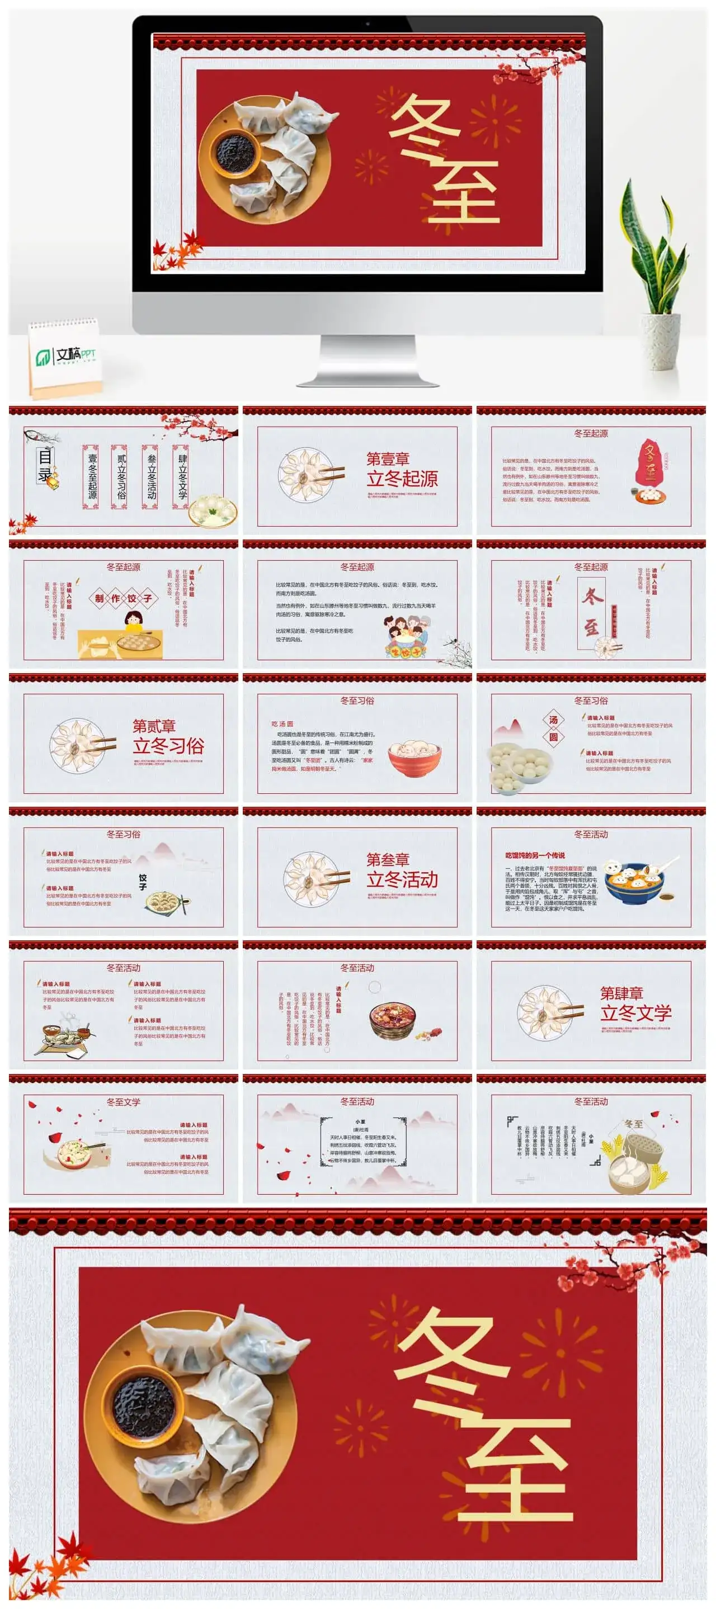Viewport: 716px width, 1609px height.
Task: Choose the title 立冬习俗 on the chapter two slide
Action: [x=168, y=746]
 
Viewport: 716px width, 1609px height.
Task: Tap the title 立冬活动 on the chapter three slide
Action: [x=402, y=879]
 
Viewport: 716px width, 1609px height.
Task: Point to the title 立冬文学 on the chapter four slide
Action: [x=635, y=1012]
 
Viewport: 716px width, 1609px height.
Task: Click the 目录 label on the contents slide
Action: [x=45, y=465]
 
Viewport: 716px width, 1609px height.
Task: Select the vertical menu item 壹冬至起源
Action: [x=91, y=476]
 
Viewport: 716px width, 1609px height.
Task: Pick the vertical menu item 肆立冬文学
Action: [x=182, y=476]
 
